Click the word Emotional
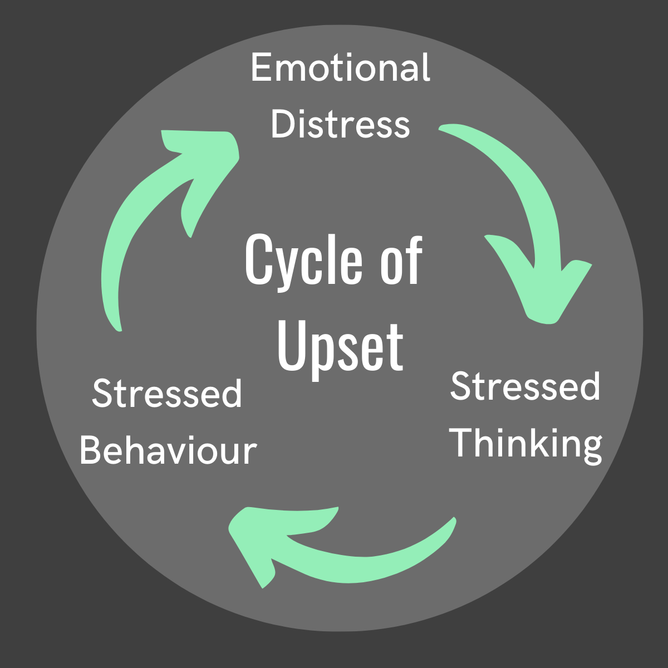click(x=340, y=68)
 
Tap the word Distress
click(x=340, y=124)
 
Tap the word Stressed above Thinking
click(x=525, y=386)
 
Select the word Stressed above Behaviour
click(x=167, y=394)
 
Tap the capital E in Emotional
click(x=260, y=68)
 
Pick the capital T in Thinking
click(x=463, y=443)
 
